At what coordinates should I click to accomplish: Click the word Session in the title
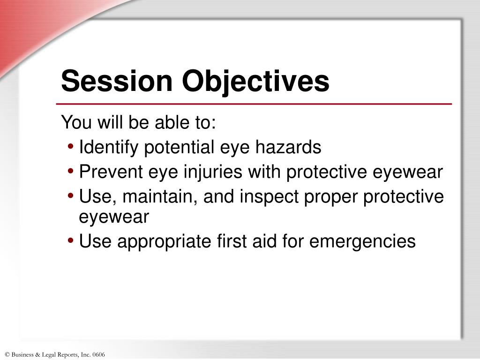[118, 81]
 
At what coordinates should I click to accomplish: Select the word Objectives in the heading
[256, 81]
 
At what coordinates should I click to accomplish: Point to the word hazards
[288, 148]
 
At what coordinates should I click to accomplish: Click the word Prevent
[109, 172]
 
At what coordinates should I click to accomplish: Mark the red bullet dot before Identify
[70, 147]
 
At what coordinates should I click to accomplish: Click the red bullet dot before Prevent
[70, 171]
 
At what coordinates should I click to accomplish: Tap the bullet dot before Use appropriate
[70, 240]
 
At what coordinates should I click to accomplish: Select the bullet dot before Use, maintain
[70, 195]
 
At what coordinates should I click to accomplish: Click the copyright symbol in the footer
[7, 354]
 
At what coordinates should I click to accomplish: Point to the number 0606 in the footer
[99, 354]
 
